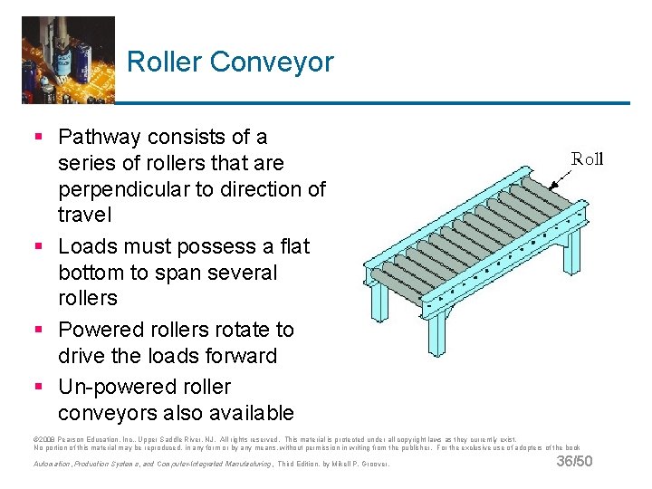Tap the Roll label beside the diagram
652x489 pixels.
[x=587, y=159]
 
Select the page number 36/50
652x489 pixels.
[x=574, y=462]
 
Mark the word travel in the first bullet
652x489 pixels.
[x=85, y=216]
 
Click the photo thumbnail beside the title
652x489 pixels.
[x=68, y=59]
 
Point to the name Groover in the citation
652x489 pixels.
[x=374, y=465]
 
